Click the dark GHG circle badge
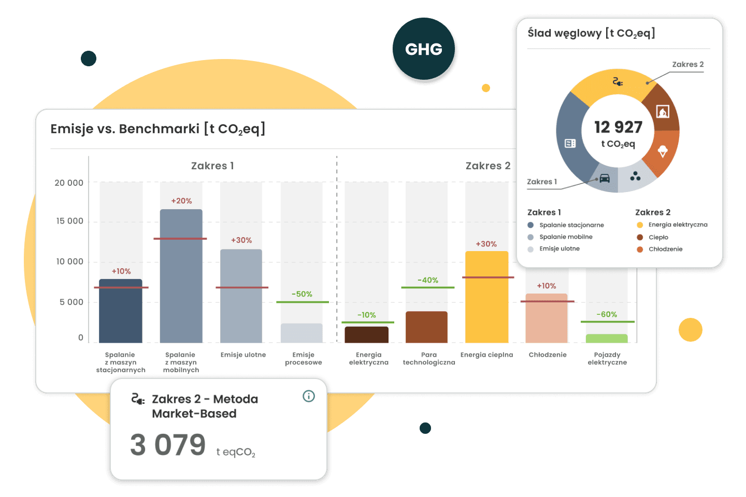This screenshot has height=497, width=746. pos(424,49)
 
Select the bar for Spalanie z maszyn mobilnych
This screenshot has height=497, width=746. pos(181,280)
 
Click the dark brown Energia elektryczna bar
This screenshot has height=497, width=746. pos(366,334)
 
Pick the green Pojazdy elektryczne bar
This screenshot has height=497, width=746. pos(607,339)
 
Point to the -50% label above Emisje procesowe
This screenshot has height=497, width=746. pos(302,294)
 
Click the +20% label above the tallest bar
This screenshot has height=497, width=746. pos(181,201)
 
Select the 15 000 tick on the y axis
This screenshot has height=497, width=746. pos(69,221)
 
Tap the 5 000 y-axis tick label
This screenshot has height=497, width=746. pos(71,302)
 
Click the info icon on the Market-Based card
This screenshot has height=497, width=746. pos(309,396)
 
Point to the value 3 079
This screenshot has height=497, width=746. pos(168,445)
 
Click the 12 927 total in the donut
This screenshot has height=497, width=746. pos(618,127)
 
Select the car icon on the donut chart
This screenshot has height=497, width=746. pos(605,179)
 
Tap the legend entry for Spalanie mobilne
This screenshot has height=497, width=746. pos(566,237)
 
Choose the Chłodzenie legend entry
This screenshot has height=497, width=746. pos(665,249)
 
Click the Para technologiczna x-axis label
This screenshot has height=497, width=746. pos(429,358)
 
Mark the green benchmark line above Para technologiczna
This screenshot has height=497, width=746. pos(427,287)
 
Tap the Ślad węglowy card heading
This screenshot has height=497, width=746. pos(591,33)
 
